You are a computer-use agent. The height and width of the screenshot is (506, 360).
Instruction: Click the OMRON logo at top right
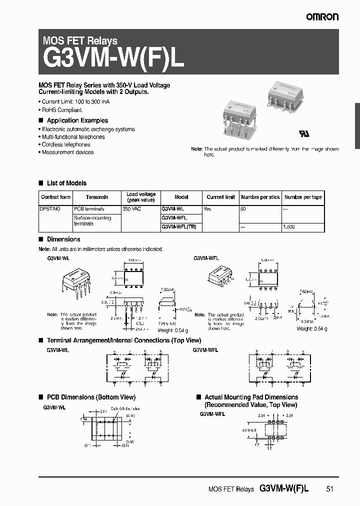click(322, 17)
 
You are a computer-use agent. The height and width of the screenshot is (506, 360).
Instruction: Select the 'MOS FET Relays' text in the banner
click(80, 41)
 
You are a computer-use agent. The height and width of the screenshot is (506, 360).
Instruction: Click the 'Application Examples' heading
click(77, 120)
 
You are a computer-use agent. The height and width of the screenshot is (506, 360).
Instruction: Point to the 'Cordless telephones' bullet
click(66, 144)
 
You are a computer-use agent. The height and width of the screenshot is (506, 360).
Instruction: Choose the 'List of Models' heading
click(66, 183)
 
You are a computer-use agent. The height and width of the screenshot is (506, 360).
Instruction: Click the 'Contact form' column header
click(55, 197)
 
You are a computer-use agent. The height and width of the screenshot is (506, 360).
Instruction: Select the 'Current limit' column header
click(220, 197)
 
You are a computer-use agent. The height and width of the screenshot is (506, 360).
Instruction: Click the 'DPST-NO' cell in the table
click(50, 209)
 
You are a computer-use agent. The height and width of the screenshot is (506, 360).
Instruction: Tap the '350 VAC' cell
click(132, 209)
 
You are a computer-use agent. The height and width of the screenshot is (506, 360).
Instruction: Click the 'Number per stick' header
click(260, 197)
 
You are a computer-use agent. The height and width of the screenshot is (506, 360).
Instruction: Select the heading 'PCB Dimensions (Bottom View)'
click(91, 397)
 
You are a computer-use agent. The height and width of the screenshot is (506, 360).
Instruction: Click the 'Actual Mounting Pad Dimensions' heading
click(251, 397)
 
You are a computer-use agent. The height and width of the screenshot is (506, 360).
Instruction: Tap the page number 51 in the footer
click(329, 489)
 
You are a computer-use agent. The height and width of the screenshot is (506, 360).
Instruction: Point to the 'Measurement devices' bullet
click(67, 152)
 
